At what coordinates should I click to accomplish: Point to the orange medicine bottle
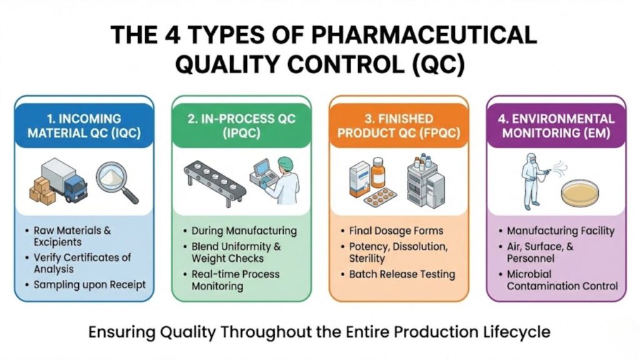click(x=378, y=172)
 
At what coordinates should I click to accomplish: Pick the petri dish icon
click(x=579, y=193)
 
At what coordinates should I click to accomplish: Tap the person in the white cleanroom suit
click(x=532, y=181)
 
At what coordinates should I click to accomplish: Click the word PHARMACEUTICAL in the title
click(x=424, y=35)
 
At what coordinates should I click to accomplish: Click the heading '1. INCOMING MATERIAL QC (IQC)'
click(x=84, y=126)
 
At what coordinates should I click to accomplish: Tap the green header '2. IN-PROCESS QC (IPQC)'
click(x=241, y=126)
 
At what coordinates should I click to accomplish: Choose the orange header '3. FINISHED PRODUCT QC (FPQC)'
click(x=399, y=126)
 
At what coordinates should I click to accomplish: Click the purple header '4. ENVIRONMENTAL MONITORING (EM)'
click(x=556, y=126)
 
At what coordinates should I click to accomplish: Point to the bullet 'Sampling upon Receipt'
click(x=89, y=285)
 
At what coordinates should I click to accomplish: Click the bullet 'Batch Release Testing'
click(x=402, y=274)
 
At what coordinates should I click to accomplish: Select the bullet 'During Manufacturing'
click(x=244, y=231)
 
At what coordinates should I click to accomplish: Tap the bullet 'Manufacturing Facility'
click(x=561, y=231)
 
